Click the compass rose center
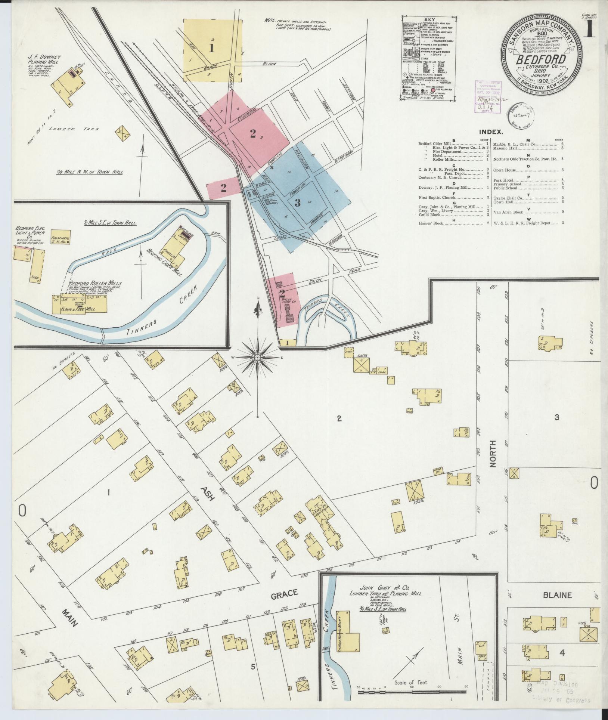pyautogui.click(x=257, y=358)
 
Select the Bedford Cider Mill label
pyautogui.click(x=164, y=261)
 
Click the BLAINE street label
pyautogui.click(x=557, y=595)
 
